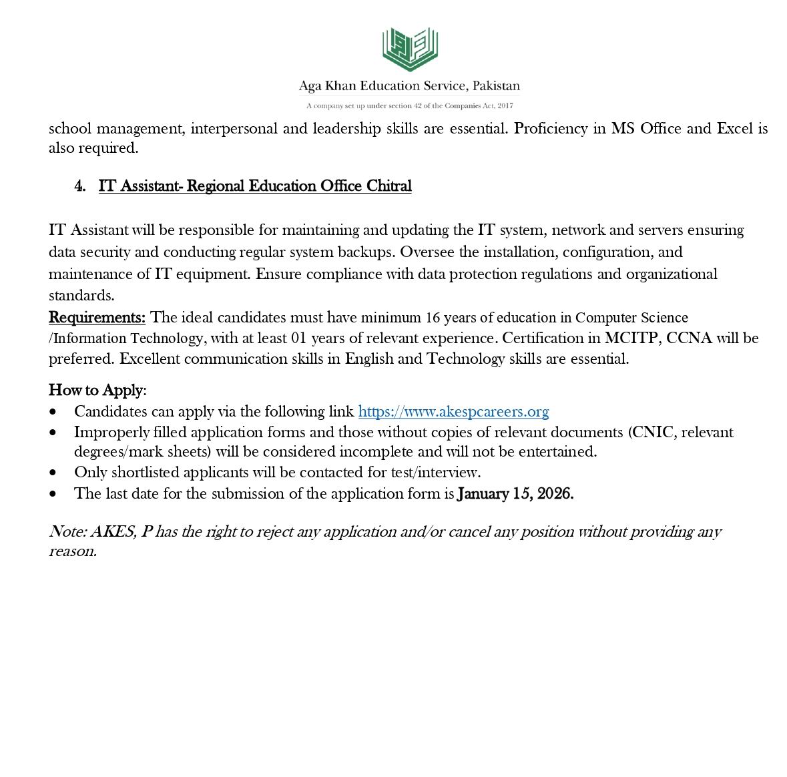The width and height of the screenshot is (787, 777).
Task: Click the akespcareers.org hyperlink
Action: [x=453, y=411]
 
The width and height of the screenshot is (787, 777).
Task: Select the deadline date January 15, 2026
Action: [x=515, y=494]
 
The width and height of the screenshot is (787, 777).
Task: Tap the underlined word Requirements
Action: [x=97, y=317]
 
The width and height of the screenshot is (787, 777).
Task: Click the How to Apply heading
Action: [x=96, y=390]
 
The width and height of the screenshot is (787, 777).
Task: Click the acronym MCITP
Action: [x=631, y=338]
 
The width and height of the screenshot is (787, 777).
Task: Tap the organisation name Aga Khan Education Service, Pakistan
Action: [x=409, y=86]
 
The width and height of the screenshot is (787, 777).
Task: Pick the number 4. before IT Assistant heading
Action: [x=80, y=186]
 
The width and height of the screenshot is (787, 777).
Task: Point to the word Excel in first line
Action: [x=734, y=128]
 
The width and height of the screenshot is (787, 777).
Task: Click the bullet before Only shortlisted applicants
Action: [x=53, y=473]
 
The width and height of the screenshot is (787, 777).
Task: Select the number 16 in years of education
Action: [x=433, y=317]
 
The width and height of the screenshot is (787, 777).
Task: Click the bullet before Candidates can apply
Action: [x=53, y=412]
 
